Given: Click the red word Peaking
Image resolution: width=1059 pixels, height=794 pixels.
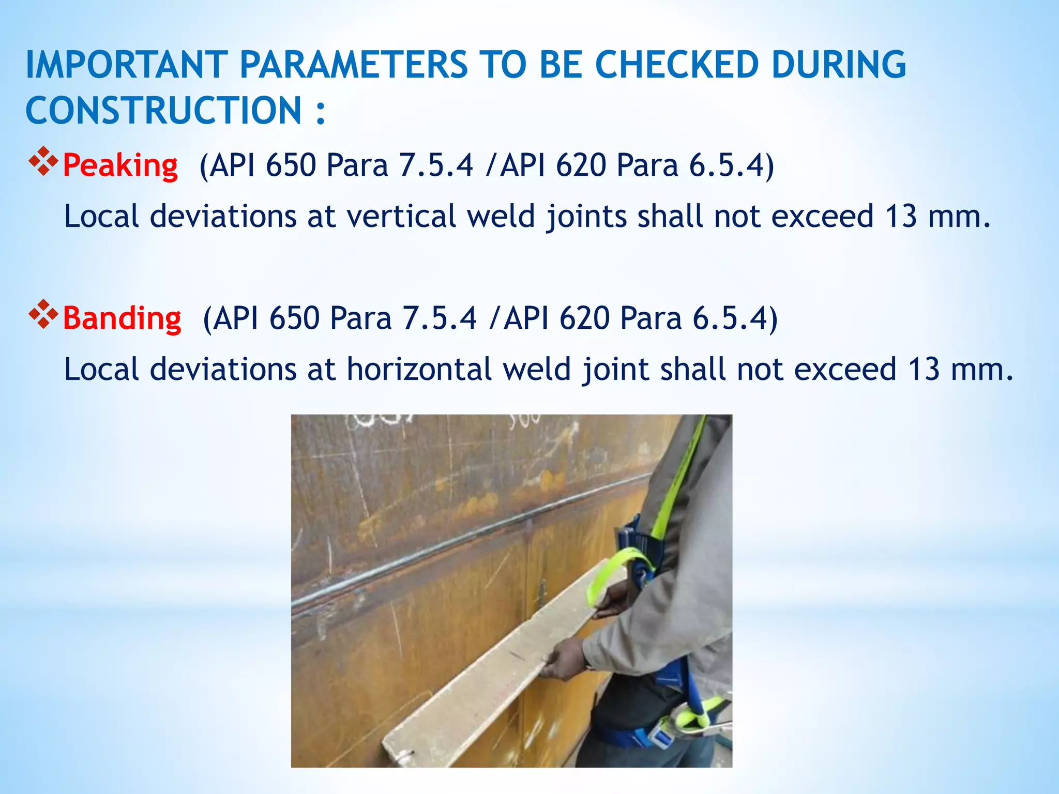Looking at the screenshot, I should (120, 165).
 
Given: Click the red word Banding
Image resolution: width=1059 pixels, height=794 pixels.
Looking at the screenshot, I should (122, 318).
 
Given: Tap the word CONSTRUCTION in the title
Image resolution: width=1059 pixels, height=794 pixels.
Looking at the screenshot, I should (163, 110).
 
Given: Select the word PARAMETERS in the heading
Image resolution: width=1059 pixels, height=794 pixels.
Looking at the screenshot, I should (354, 65).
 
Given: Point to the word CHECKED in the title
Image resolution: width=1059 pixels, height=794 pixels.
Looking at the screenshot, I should (677, 65).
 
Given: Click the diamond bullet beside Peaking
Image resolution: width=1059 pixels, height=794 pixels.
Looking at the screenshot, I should (43, 161).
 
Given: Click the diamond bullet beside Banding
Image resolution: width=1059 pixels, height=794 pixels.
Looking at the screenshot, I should (43, 314).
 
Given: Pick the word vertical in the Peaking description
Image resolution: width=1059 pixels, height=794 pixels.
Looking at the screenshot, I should (401, 216).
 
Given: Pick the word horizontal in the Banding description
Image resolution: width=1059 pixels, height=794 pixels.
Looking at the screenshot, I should (419, 370).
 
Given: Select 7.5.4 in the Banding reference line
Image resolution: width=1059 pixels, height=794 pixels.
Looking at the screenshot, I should (440, 318).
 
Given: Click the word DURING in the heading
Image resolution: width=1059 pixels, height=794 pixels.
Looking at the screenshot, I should (838, 65).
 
